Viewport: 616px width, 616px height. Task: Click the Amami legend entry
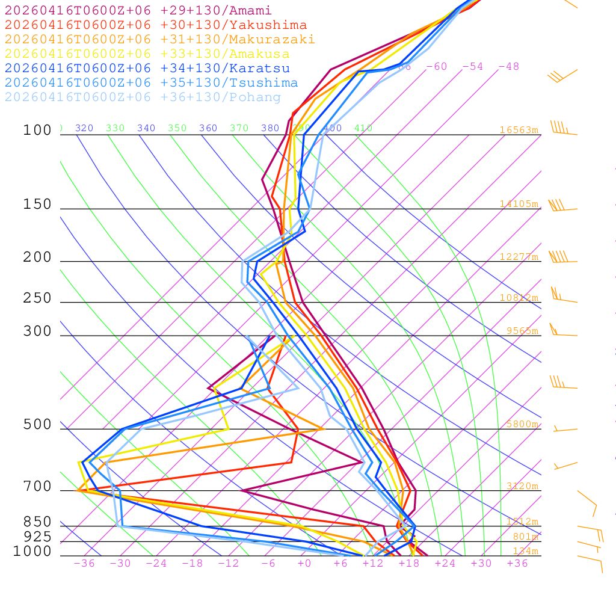click(x=138, y=11)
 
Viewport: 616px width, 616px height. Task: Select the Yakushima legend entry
click(x=156, y=25)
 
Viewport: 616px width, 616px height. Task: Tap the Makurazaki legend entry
click(x=160, y=40)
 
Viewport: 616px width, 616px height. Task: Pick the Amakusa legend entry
click(x=147, y=54)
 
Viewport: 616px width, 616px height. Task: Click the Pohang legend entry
click(x=143, y=97)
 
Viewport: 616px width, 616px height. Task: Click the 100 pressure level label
click(x=37, y=131)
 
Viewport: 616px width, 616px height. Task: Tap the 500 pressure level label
click(x=37, y=425)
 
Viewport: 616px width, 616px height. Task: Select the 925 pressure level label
click(x=37, y=537)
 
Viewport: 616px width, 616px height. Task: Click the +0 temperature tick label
click(x=304, y=564)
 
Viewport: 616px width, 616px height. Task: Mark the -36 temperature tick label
click(x=84, y=564)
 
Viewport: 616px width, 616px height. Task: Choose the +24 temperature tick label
click(x=445, y=564)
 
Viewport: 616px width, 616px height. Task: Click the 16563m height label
click(x=519, y=130)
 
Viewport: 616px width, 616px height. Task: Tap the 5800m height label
click(x=522, y=424)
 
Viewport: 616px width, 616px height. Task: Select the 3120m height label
click(x=522, y=486)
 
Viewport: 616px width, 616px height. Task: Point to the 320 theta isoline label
click(x=84, y=128)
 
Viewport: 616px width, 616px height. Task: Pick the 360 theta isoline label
click(x=208, y=128)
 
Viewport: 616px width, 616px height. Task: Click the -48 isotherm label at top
click(x=508, y=67)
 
